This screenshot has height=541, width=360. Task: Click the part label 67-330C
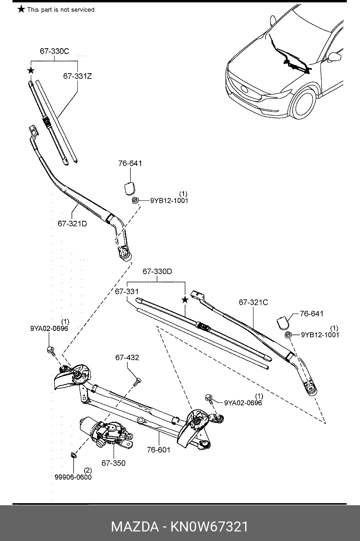(55, 51)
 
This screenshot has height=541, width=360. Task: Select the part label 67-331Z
(77, 77)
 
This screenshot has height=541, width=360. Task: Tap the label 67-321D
(72, 224)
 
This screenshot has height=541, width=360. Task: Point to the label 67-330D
(157, 272)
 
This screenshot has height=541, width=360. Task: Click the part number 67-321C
(253, 302)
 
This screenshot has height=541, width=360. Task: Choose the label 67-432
(127, 358)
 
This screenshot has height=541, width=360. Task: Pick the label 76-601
(159, 450)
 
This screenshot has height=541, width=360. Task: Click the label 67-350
(113, 463)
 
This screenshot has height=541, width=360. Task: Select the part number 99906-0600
(73, 477)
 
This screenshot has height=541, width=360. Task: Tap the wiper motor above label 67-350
(107, 433)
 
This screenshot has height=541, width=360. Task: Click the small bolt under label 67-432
(137, 382)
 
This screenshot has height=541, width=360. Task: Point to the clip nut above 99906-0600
(73, 455)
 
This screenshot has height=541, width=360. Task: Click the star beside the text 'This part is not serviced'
(21, 10)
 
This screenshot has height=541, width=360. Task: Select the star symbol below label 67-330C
(31, 71)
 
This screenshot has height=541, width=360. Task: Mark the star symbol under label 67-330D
(185, 300)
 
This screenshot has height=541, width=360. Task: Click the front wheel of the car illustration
(303, 104)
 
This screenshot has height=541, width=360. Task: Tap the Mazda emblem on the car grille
(244, 89)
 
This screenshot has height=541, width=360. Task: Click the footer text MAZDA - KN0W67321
(180, 527)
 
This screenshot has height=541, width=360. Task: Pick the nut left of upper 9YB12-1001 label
(135, 200)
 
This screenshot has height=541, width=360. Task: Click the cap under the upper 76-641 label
(129, 189)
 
